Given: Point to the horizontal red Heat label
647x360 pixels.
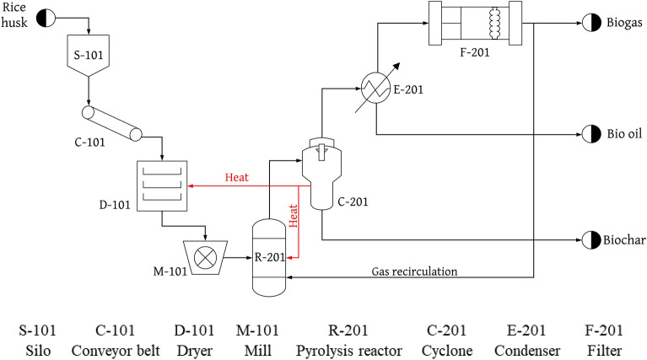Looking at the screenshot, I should (237, 178).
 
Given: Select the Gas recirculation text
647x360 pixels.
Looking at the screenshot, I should (413, 271).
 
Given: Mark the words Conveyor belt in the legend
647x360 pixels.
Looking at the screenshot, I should (107, 343).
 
